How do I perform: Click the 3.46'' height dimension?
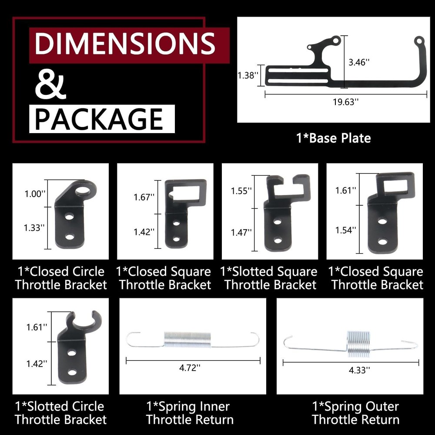(x=359, y=63)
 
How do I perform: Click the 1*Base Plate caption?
(x=333, y=138)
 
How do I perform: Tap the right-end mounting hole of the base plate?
(x=418, y=41)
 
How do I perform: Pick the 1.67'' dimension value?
(x=144, y=197)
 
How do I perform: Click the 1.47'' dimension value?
(x=241, y=232)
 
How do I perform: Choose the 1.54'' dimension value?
(x=346, y=229)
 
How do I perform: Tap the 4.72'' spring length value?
(x=190, y=368)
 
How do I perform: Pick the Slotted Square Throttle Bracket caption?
(x=269, y=278)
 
